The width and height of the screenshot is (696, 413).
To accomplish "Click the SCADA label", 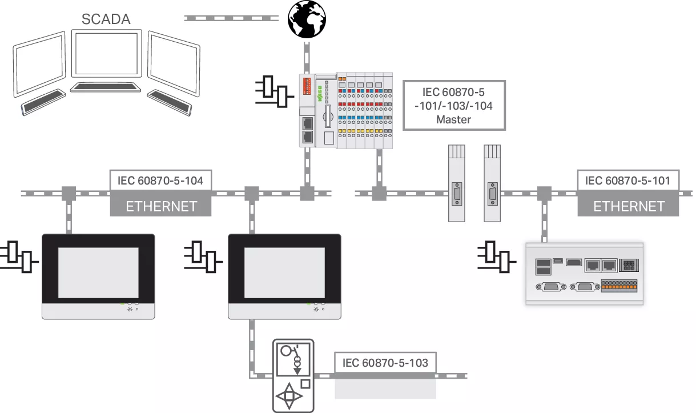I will point(106,19).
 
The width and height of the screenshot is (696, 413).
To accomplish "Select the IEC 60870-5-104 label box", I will point(161,181).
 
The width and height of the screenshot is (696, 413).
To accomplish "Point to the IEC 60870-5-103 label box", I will point(385,363).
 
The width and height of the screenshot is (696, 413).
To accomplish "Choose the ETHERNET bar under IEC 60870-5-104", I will point(161,206).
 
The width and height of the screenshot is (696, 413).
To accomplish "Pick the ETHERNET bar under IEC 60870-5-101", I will point(629,206).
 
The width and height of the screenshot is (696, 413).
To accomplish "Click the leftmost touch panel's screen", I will point(98,271).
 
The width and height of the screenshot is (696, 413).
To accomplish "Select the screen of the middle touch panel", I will point(284,271).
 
